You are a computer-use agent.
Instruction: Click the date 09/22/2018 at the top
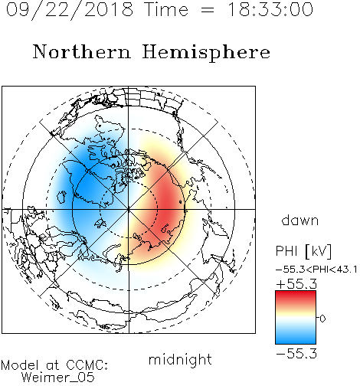tap(70, 10)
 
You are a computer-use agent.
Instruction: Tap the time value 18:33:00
tap(270, 10)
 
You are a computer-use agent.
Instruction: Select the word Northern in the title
tap(82, 51)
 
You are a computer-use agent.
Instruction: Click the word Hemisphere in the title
tap(206, 53)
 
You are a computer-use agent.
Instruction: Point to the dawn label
tap(300, 221)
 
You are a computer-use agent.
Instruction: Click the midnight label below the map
tap(180, 360)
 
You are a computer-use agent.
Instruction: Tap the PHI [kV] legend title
tap(304, 251)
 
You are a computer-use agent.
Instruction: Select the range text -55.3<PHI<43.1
tap(316, 270)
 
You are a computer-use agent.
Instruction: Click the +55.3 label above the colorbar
tap(296, 284)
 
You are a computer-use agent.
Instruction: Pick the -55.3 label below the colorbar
tap(296, 354)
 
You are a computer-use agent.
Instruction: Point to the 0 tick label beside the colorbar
tap(322, 319)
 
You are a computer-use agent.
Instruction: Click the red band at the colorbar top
tap(296, 296)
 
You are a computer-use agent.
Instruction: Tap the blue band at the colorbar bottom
tap(296, 338)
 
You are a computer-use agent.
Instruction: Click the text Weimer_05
tap(58, 378)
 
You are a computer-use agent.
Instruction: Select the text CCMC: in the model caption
tap(87, 365)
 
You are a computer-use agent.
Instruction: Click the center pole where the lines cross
tap(129, 209)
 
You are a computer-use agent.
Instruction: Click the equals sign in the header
tap(208, 10)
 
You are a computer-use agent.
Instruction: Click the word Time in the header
tap(166, 10)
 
